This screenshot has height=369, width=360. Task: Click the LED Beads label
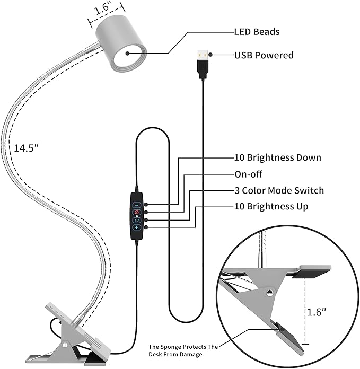pos(257,32)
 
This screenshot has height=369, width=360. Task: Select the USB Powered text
pos(264,55)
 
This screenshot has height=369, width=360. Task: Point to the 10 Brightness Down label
pos(278,157)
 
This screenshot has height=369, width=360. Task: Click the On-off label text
pos(249,174)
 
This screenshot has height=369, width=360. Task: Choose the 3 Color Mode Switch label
pos(279,190)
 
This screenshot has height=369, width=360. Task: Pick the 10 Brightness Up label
pos(271,206)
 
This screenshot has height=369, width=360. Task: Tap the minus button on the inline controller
pos(136,204)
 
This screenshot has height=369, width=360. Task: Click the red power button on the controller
pos(136,212)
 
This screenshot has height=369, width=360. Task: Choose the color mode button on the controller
pos(136,219)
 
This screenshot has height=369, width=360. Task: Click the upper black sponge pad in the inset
pos(313,274)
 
